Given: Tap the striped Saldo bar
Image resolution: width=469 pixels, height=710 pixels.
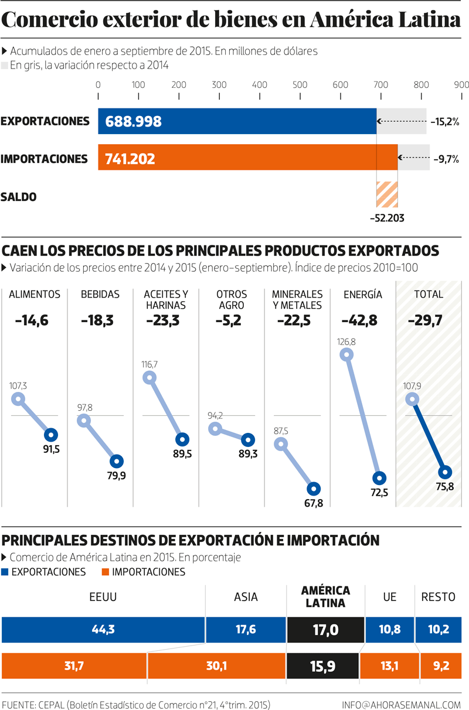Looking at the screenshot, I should pos(387,194).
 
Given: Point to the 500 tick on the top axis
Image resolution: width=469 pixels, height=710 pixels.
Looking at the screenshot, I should pos(300,86).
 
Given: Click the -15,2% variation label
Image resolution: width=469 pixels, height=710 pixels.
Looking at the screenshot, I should pos(444,122).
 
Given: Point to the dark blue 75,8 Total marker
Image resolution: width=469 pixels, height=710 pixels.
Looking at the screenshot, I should pos(445,472).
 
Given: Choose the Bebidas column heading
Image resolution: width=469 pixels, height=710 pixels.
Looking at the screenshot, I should pos(100,295).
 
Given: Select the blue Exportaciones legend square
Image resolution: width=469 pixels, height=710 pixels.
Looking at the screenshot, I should pos(6,572).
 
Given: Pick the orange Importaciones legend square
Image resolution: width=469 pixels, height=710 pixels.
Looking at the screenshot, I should pos(106,572).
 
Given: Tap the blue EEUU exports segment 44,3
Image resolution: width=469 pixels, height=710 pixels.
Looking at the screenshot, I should pos(103,630).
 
